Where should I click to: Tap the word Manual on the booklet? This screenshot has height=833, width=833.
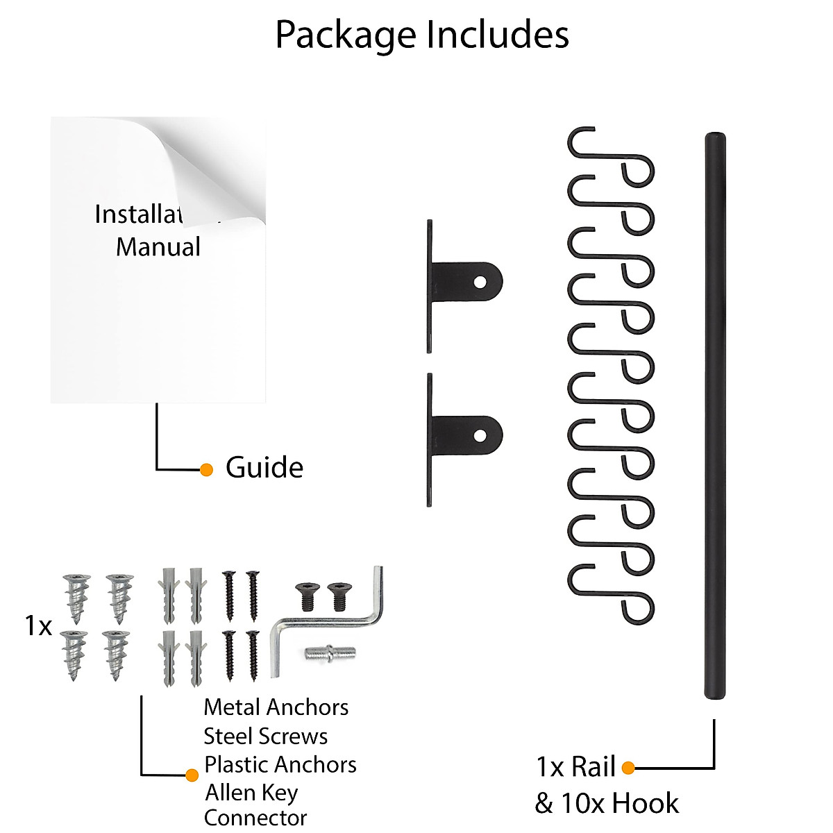coord(158,247)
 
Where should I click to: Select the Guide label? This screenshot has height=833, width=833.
coord(264,468)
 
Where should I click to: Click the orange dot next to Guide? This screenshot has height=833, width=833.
coord(206,470)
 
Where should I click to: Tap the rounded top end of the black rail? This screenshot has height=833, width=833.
coord(715,137)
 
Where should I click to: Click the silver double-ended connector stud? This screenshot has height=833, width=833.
coord(329,653)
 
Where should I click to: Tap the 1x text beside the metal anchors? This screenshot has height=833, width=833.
coord(38,626)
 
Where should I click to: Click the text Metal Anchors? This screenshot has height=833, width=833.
coord(276,707)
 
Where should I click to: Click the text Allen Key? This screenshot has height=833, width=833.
coord(251,792)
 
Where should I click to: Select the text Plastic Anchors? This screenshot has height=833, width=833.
coord(280,764)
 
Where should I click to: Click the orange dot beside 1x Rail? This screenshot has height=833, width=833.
coord(628,768)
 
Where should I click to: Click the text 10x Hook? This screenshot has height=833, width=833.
coord(619,803)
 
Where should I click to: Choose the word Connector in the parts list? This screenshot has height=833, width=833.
coord(255,818)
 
